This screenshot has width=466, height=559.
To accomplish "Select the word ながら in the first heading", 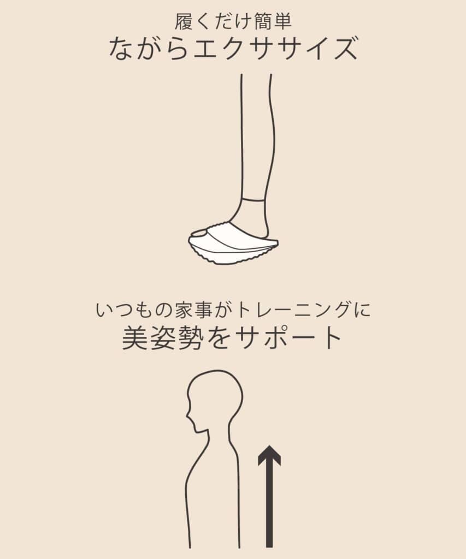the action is point(149,48).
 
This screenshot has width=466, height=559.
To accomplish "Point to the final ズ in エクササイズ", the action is point(343,48).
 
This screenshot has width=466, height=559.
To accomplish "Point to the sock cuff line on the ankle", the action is point(254,199).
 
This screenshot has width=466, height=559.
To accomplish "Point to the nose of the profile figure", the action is point(188,414).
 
